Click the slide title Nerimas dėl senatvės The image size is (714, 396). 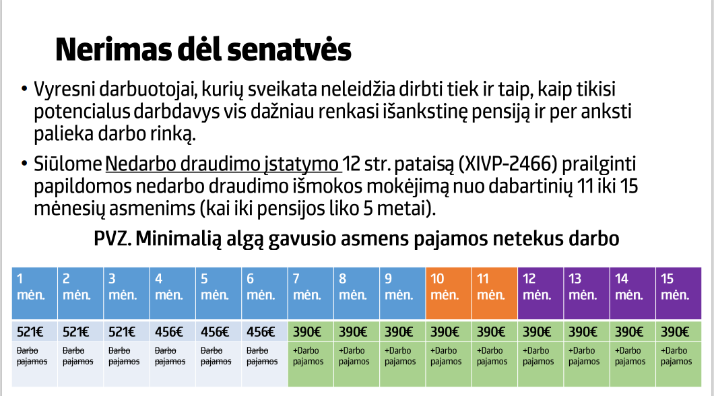point(203,50)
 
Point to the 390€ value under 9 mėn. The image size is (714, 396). point(399,331)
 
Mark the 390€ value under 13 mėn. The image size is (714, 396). point(583,331)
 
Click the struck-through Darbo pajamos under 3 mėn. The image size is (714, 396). point(123,356)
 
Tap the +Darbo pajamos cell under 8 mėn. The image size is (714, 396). point(354,356)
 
